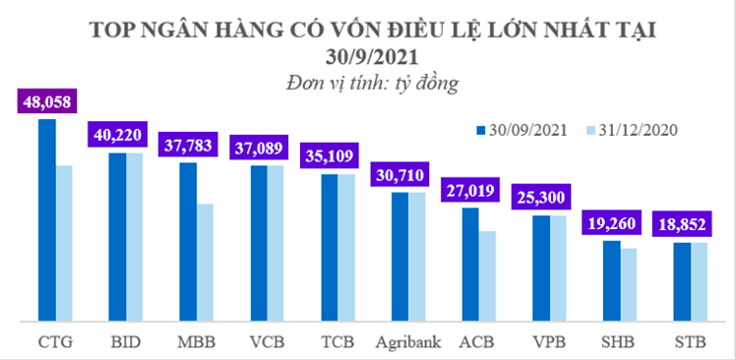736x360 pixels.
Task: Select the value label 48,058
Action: (47, 101)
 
